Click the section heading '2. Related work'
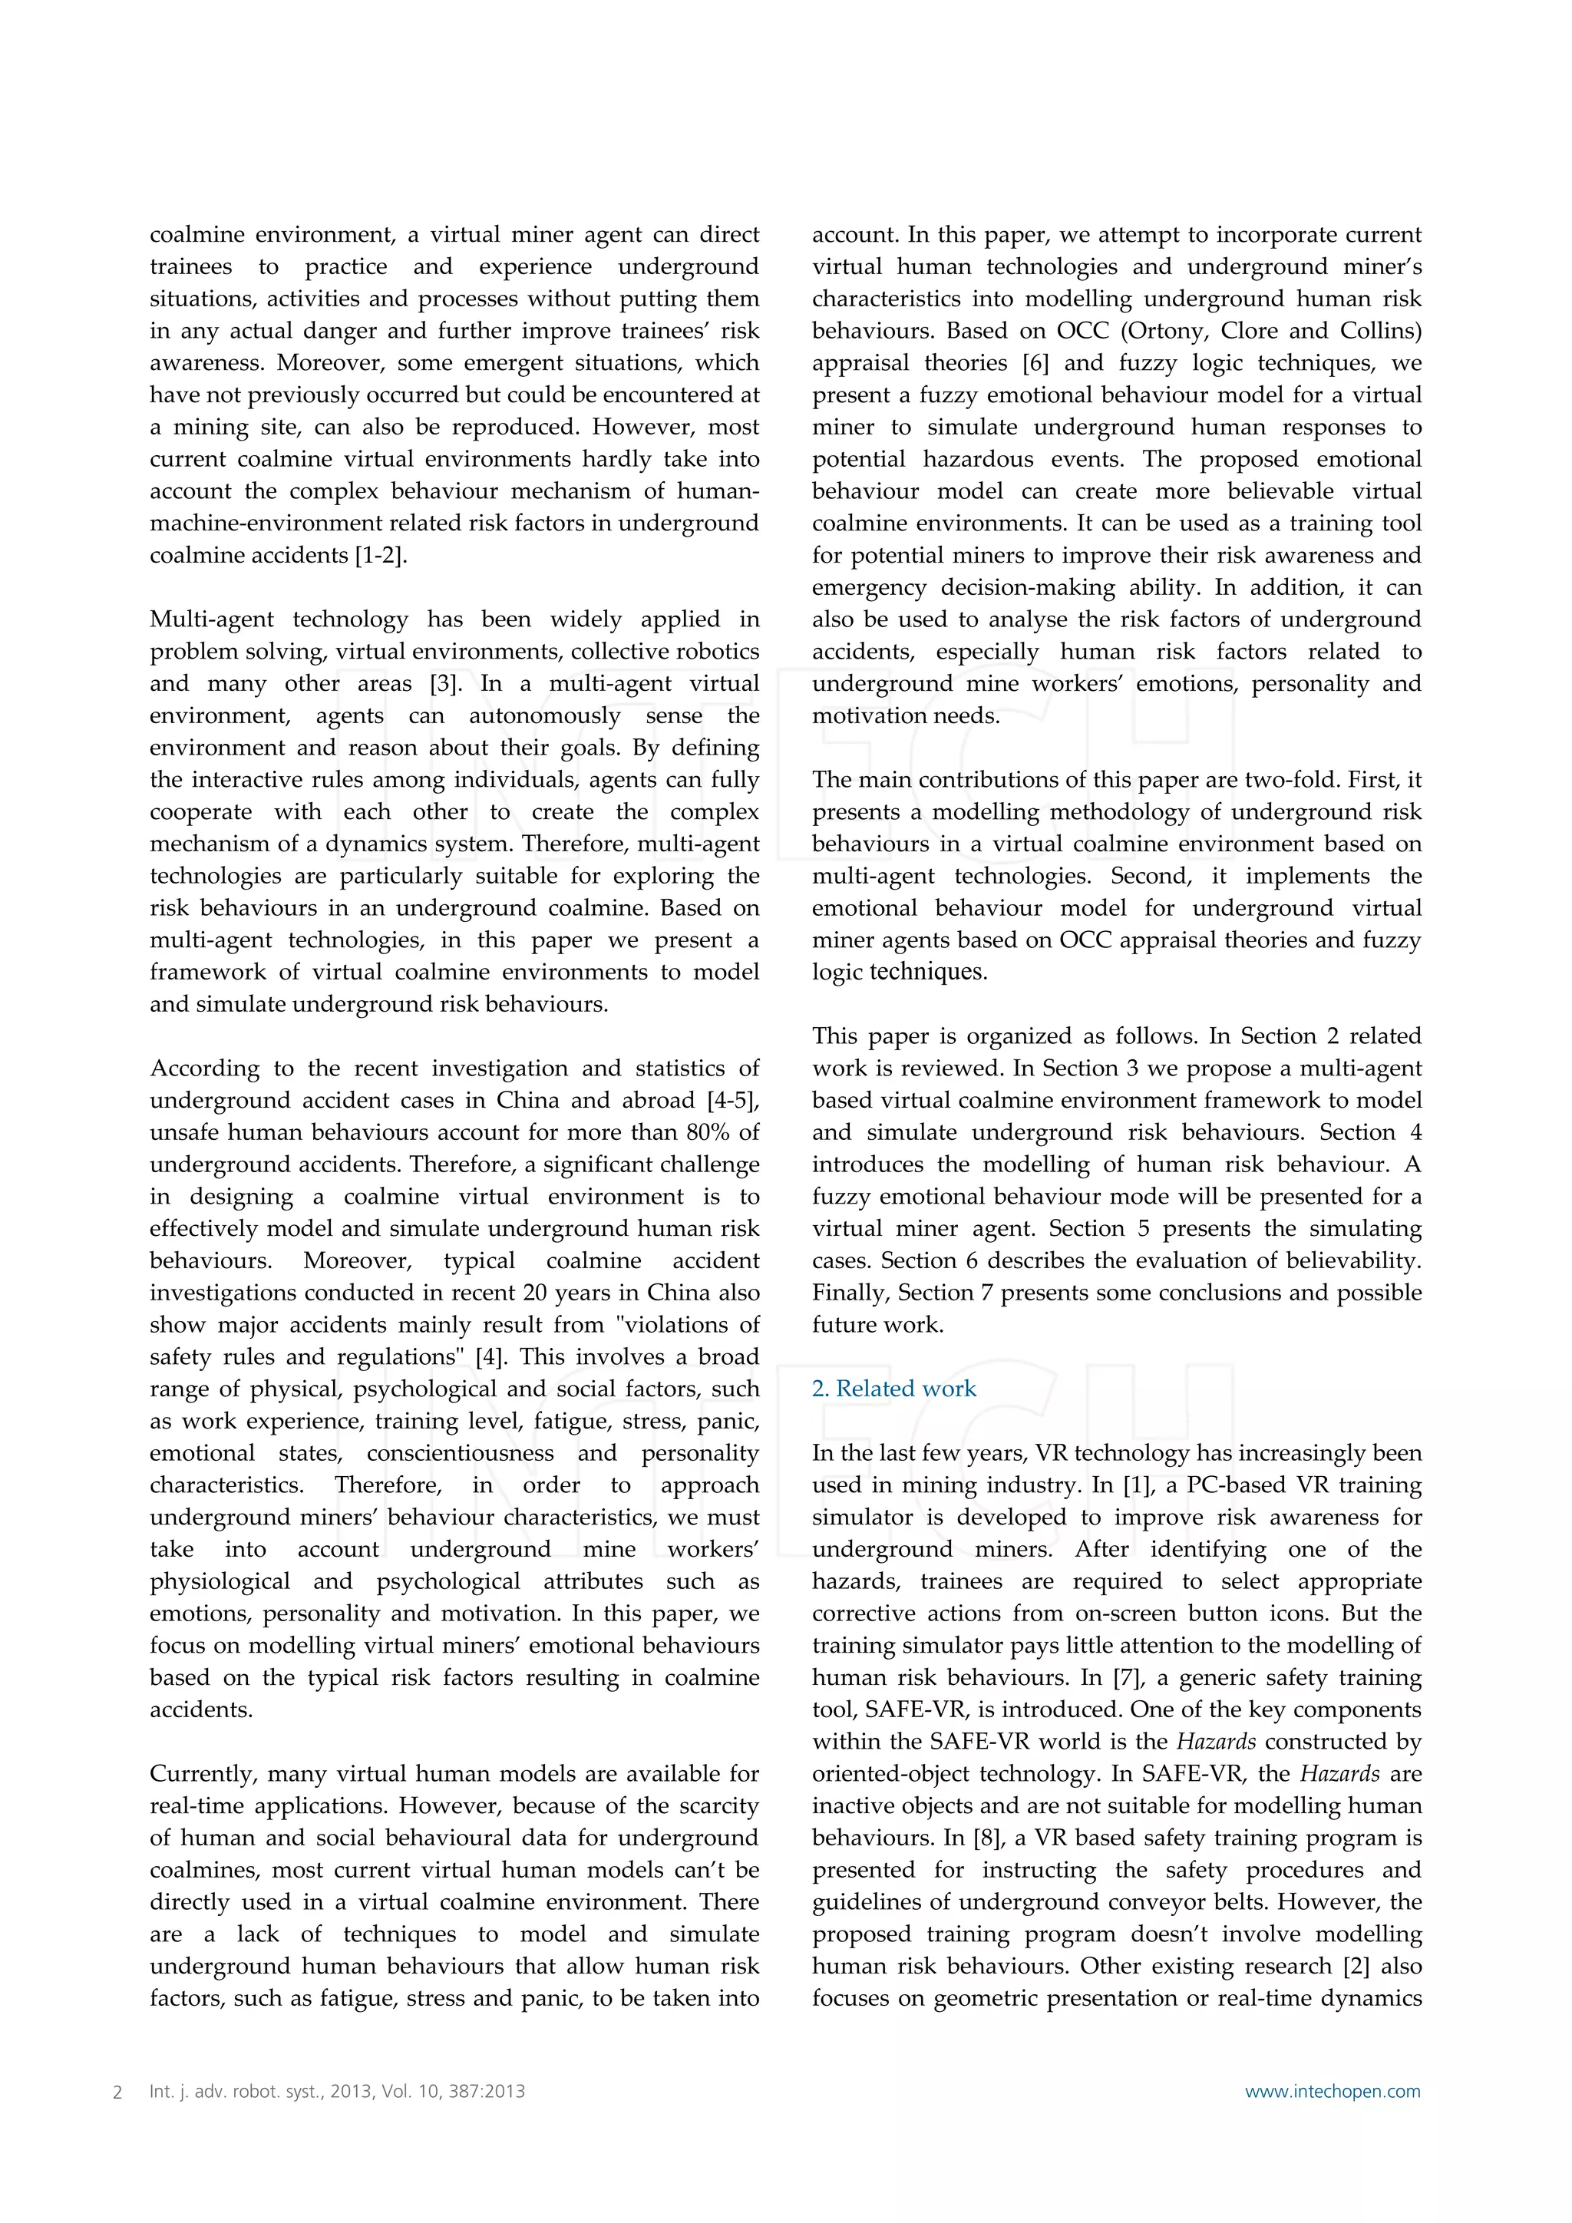coord(893,1389)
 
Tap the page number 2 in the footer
coord(118,2091)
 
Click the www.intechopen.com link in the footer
coord(1332,2090)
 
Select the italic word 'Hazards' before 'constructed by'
coord(1216,1742)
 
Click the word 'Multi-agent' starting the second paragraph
coord(213,619)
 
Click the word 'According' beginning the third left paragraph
coord(204,1069)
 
